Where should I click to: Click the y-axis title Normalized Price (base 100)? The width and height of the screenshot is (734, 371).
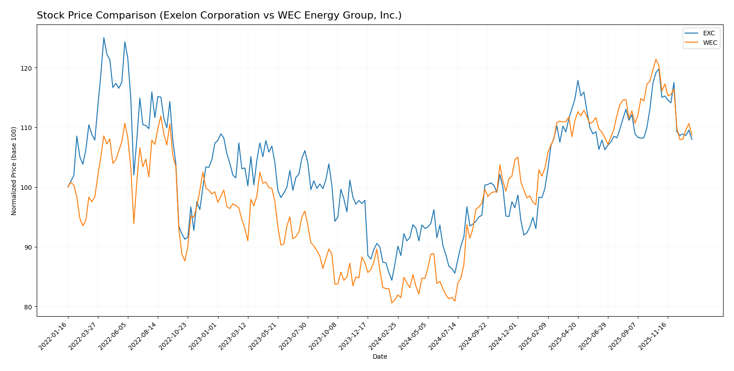[x=14, y=171]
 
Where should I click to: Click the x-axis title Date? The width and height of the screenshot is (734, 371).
[x=379, y=357]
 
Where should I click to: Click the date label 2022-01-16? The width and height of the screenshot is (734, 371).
[x=53, y=335]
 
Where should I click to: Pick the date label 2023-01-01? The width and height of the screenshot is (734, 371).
[x=204, y=335]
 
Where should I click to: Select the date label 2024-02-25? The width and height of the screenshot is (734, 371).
[x=384, y=335]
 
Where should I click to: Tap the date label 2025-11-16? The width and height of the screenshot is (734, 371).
[x=653, y=335]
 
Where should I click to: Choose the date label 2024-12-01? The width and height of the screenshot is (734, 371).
[x=503, y=335]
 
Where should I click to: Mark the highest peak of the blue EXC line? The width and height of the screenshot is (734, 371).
[x=104, y=38]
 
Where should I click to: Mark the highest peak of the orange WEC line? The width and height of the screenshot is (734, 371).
[x=656, y=59]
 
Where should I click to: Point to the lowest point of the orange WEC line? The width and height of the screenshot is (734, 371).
[x=392, y=303]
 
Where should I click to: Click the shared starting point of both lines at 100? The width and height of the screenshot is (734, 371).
[x=68, y=187]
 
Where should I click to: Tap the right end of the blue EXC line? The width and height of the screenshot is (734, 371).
[x=691, y=139]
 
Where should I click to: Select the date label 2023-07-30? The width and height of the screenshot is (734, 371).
[x=293, y=335]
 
